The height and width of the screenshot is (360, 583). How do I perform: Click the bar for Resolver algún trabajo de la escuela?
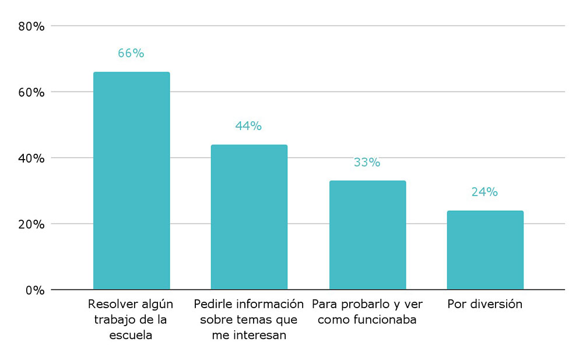[x=131, y=181]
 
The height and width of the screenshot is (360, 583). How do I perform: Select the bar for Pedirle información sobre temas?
[x=249, y=217]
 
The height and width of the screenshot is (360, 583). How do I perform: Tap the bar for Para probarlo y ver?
[x=367, y=235]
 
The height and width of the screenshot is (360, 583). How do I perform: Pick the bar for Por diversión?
[x=485, y=250]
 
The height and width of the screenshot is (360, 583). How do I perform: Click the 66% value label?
[x=131, y=53]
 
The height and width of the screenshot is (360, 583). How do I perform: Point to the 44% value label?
[x=248, y=126]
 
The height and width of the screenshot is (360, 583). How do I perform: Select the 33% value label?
[x=367, y=163]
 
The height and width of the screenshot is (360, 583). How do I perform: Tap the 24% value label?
[x=484, y=192]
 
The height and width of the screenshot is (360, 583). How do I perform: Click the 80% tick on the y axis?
[x=31, y=26]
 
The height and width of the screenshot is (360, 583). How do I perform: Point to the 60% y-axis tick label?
[x=31, y=92]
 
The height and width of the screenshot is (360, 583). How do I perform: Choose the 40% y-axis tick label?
[x=31, y=158]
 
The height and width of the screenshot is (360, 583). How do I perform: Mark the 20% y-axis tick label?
[x=31, y=224]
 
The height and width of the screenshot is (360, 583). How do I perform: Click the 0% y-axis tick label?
[x=34, y=290]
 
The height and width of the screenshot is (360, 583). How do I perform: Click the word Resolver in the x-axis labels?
[x=111, y=304]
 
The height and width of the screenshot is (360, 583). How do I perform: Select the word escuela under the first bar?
[x=131, y=336]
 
